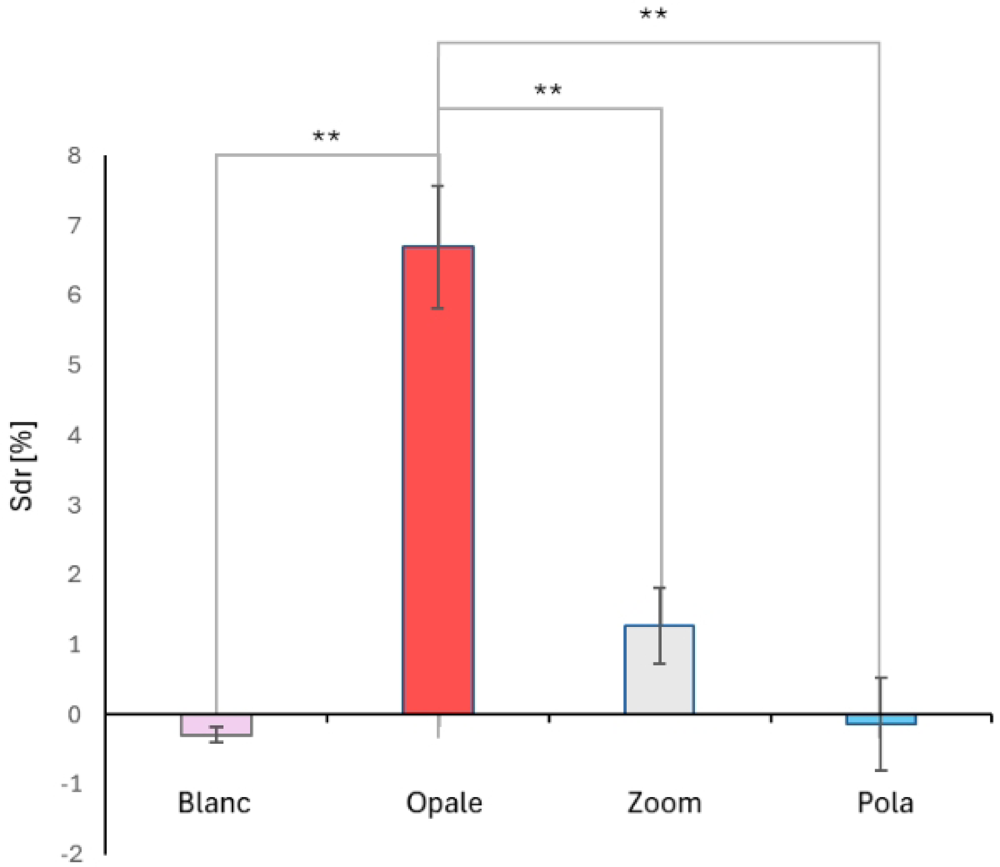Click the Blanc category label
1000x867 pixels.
[214, 803]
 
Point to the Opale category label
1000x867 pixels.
[444, 803]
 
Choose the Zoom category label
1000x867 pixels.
[664, 803]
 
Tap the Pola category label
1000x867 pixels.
[885, 803]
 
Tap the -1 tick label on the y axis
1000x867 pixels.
[72, 785]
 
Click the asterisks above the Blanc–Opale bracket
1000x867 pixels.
[326, 137]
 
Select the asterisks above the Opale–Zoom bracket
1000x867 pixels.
[548, 90]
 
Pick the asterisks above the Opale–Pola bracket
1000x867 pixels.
[653, 14]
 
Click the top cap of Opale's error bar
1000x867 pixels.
[438, 186]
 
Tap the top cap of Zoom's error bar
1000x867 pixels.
[660, 588]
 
